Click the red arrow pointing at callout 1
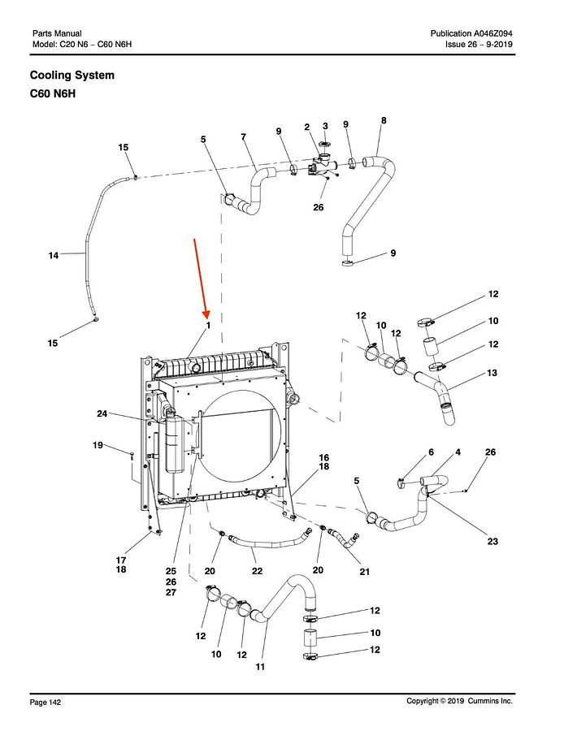pyautogui.click(x=202, y=279)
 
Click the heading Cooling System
pyautogui.click(x=72, y=75)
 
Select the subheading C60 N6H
pyautogui.click(x=53, y=93)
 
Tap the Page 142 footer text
pyautogui.click(x=46, y=702)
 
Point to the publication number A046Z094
pyautogui.click(x=493, y=33)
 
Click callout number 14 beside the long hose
pyautogui.click(x=54, y=255)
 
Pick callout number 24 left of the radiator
pyautogui.click(x=102, y=413)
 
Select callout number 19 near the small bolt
pyautogui.click(x=98, y=445)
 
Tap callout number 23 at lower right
pyautogui.click(x=492, y=541)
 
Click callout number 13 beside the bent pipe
pyautogui.click(x=492, y=373)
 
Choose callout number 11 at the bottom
pyautogui.click(x=260, y=667)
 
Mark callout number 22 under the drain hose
pyautogui.click(x=257, y=571)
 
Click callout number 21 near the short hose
pyautogui.click(x=364, y=572)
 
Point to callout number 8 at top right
pyautogui.click(x=384, y=120)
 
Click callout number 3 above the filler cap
pyautogui.click(x=325, y=126)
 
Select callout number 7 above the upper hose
pyautogui.click(x=244, y=136)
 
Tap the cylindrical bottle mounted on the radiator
pyautogui.click(x=174, y=444)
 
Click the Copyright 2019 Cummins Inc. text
pyautogui.click(x=459, y=701)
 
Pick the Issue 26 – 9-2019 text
pyautogui.click(x=479, y=45)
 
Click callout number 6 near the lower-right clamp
pyautogui.click(x=431, y=452)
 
